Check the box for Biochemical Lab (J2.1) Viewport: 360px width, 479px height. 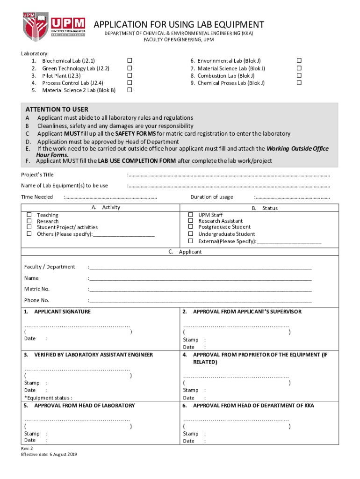130,61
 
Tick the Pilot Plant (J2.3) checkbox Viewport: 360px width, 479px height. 130,75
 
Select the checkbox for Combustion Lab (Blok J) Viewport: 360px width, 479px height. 300,75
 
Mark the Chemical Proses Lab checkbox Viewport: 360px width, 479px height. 300,83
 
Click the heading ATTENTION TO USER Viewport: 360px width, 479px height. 57,109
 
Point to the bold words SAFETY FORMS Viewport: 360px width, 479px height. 136,133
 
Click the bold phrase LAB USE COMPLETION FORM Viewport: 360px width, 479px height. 137,161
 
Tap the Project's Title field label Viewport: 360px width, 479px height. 41,174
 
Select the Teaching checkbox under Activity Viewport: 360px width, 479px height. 29,215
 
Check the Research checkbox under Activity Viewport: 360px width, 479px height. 29,221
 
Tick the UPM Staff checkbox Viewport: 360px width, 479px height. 190,215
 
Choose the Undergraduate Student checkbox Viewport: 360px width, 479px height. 190,233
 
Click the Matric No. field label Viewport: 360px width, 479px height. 37,289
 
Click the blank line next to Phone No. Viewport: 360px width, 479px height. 201,301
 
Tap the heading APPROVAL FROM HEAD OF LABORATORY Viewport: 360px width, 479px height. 84,406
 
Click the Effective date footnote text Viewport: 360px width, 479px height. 49,454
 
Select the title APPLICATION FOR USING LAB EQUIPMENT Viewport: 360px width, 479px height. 179,24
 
